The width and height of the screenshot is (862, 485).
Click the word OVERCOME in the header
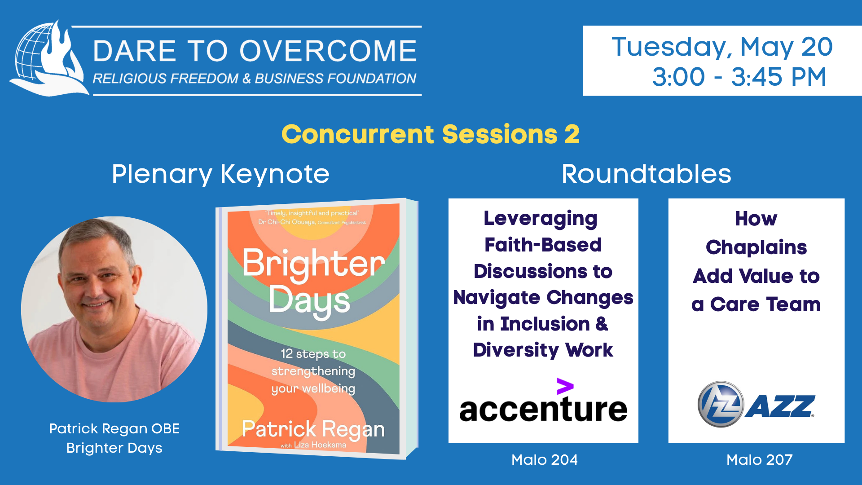tap(328, 50)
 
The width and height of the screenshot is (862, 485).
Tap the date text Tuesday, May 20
tap(722, 47)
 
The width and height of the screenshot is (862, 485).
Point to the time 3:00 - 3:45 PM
tap(739, 77)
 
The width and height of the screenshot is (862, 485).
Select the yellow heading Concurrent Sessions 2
tap(431, 134)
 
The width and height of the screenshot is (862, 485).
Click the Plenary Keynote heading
tap(220, 174)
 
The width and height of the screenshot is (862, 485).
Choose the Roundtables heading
tap(646, 174)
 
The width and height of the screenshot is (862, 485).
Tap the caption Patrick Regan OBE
tap(114, 428)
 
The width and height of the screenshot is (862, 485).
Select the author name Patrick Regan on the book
tap(313, 429)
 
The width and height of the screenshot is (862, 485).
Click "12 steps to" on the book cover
tap(313, 354)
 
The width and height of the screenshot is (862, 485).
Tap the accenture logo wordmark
tap(543, 409)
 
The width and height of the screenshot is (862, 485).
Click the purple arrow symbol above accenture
tap(565, 386)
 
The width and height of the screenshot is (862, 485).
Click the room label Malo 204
tap(544, 460)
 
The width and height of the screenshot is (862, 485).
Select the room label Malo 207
tap(759, 460)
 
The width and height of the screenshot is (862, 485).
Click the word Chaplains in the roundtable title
tap(756, 247)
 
